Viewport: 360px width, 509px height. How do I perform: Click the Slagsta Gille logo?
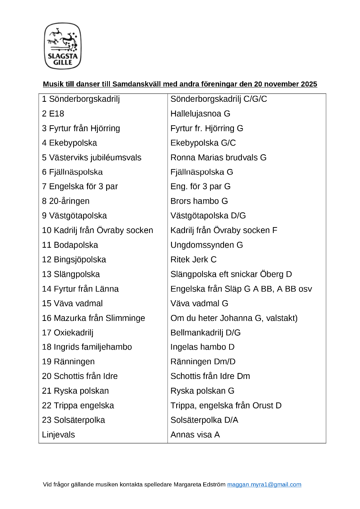(x=62, y=46)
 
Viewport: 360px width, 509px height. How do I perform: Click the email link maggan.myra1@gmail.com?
(x=264, y=484)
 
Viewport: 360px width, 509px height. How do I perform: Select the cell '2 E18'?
(x=53, y=114)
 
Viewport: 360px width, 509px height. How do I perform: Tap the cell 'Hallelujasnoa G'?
(x=200, y=114)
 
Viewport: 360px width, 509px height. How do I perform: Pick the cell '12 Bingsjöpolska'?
(x=74, y=260)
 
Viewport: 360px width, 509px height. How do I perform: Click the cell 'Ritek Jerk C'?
(x=193, y=260)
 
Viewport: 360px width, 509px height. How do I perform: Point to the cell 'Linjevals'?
(x=58, y=435)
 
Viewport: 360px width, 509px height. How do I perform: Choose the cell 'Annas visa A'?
(x=195, y=435)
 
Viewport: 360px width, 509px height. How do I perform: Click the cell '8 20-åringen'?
(x=66, y=201)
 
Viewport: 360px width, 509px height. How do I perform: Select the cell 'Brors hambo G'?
(x=199, y=201)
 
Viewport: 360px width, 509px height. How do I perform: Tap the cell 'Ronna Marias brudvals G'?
(x=218, y=157)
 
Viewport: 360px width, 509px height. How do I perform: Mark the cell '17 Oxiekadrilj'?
(x=68, y=332)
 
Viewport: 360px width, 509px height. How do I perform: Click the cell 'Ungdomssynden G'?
(x=206, y=245)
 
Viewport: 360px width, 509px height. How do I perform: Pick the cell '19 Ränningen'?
(x=68, y=361)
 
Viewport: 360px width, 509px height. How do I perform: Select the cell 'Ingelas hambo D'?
(x=202, y=347)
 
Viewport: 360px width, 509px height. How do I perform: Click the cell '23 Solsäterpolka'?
(x=74, y=420)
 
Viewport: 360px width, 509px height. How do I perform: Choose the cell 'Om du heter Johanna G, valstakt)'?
(x=234, y=318)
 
